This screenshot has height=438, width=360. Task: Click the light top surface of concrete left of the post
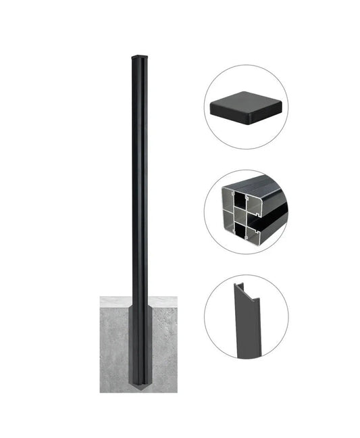point(115,300)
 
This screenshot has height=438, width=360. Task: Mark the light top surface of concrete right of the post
point(163,300)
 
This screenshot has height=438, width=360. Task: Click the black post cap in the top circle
point(246,107)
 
